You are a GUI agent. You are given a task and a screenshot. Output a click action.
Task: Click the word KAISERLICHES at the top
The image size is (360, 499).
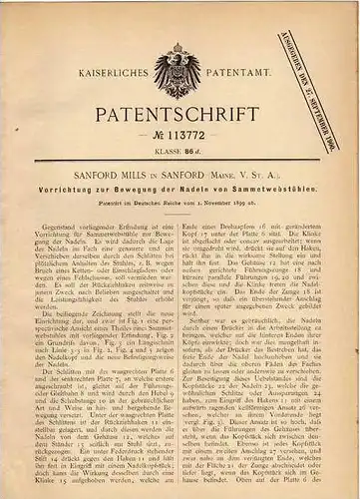coord(111,73)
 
